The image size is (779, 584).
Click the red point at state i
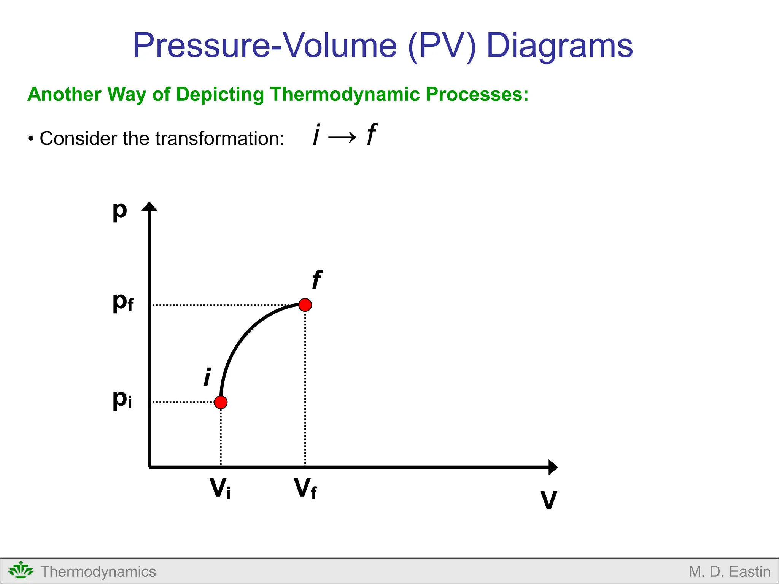point(221,402)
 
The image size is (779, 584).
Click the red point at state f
point(305,305)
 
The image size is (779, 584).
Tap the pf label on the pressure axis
point(123,302)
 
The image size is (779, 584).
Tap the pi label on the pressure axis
point(122,399)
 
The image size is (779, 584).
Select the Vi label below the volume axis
point(220,488)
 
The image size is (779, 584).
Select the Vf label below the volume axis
point(305,488)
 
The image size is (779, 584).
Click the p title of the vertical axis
point(119,210)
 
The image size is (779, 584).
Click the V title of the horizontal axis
point(548,500)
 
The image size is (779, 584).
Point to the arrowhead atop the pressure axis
point(149,206)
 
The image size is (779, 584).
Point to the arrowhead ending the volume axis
point(553,467)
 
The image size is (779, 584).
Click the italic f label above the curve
point(316,280)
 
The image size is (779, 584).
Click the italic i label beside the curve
point(207,377)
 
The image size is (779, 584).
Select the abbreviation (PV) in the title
point(442,46)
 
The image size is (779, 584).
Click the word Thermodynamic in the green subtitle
point(345,94)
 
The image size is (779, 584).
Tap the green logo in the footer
point(21,571)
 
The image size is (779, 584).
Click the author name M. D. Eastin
point(729,571)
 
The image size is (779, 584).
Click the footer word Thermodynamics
point(98,571)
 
